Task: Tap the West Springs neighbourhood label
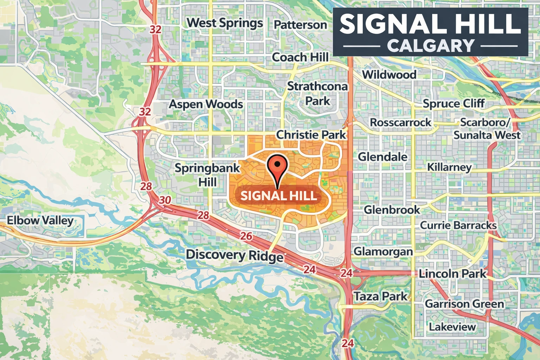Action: coord(225,23)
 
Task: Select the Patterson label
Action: coord(300,25)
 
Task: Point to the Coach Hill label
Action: coord(300,57)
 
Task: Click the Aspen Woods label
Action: coord(206,104)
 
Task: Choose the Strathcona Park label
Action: coord(317,93)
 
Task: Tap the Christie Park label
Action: coord(311,135)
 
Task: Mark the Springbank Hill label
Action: coord(207,175)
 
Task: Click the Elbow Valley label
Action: coord(40,220)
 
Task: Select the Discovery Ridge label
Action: coord(234,255)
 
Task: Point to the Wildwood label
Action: coord(389,75)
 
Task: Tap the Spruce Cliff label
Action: coord(454,103)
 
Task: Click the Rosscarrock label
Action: coord(400,122)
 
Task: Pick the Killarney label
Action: coord(449,167)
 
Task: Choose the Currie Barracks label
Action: coord(458,225)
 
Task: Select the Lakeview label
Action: coord(452,327)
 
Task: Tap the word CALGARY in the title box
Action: coord(431,46)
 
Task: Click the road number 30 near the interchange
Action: coord(165,200)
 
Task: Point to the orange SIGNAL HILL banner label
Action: coord(279,195)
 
